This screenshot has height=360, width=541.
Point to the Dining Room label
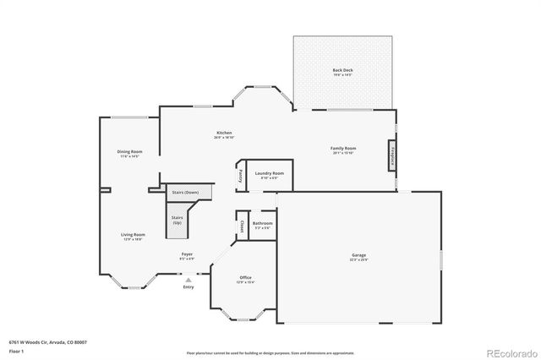click(x=129, y=152)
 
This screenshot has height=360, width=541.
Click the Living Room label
click(x=133, y=236)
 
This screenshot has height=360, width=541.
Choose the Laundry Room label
click(x=270, y=174)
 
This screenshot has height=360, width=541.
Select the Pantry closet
click(x=240, y=176)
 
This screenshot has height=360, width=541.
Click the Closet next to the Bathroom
click(x=241, y=226)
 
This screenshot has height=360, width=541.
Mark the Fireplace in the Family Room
click(x=393, y=156)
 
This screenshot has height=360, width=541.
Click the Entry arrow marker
click(x=189, y=280)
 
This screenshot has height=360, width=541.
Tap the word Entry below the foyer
click(x=188, y=287)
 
